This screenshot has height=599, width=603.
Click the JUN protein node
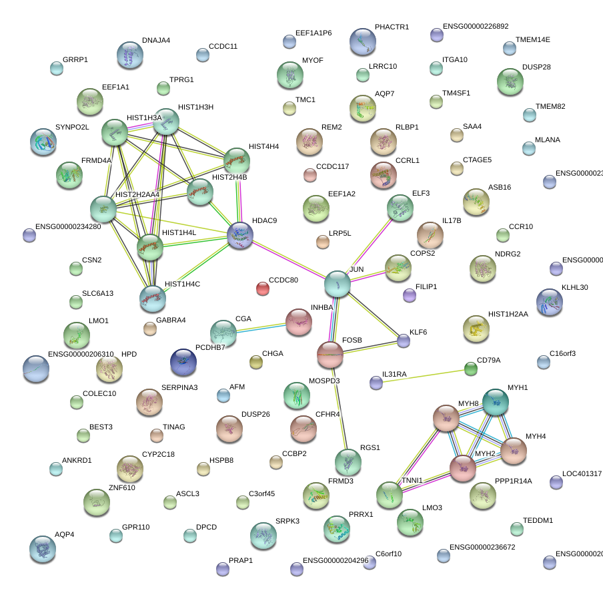pyautogui.click(x=338, y=284)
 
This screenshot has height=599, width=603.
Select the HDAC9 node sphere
pyautogui.click(x=240, y=235)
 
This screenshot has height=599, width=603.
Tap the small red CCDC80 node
pyautogui.click(x=263, y=288)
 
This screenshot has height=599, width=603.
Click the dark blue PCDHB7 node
pyautogui.click(x=183, y=361)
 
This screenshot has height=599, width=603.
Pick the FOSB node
pyautogui.click(x=330, y=355)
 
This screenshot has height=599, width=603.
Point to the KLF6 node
pyautogui.click(x=404, y=341)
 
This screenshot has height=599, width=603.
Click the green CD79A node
pyautogui.click(x=471, y=369)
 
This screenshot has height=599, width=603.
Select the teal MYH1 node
pyautogui.click(x=495, y=402)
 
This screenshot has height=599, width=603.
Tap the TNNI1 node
pyautogui.click(x=389, y=495)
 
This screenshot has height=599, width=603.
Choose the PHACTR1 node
pyautogui.click(x=362, y=41)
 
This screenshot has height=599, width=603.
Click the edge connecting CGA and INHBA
pyautogui.click(x=261, y=326)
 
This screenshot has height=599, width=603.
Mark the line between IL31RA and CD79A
pyautogui.click(x=424, y=375)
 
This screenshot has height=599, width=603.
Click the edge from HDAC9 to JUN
pyautogui.click(x=289, y=259)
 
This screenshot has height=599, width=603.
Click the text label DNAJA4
pyautogui.click(x=155, y=40)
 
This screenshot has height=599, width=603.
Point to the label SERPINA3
pyautogui.click(x=179, y=388)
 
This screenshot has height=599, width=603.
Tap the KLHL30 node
pyautogui.click(x=550, y=302)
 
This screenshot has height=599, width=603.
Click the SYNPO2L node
pyautogui.click(x=43, y=142)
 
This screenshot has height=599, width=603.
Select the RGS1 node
pyautogui.click(x=348, y=461)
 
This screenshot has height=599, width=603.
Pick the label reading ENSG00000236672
pyautogui.click(x=482, y=547)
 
